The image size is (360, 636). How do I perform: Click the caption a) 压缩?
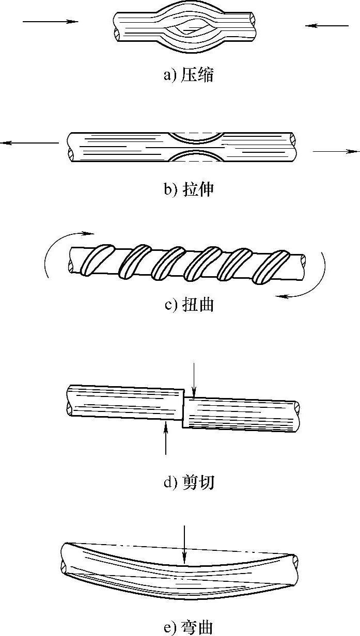[189, 75]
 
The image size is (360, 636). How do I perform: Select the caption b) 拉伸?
[189, 189]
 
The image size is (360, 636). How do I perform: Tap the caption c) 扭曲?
[189, 305]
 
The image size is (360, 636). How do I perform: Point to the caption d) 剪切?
[189, 482]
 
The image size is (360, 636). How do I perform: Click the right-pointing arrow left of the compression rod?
[50, 21]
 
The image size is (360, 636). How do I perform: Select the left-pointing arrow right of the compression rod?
[327, 26]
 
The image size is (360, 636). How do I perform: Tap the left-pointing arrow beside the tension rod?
[29, 143]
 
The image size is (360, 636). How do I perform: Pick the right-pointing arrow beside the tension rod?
[336, 151]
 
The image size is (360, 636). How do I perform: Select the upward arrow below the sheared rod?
[166, 438]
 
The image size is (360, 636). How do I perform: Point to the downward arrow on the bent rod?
[184, 544]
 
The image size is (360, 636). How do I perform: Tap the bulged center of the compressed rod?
[185, 32]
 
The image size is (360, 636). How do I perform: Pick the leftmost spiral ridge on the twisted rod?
[97, 260]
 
